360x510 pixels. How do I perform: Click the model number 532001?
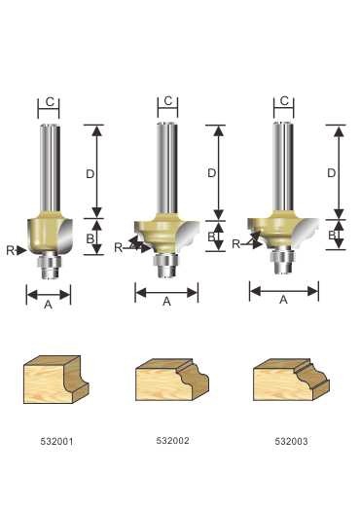point(56,441)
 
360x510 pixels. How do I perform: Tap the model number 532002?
point(172,440)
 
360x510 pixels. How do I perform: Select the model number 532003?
point(291,441)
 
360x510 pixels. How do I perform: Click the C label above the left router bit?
point(50,102)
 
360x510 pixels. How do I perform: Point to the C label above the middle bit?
point(167,101)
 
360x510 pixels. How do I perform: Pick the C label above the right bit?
point(284,101)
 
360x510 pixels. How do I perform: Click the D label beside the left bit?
point(90,174)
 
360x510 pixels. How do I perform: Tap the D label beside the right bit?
point(331,173)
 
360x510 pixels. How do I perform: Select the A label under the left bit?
point(48,305)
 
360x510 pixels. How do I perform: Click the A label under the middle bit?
point(166,302)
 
